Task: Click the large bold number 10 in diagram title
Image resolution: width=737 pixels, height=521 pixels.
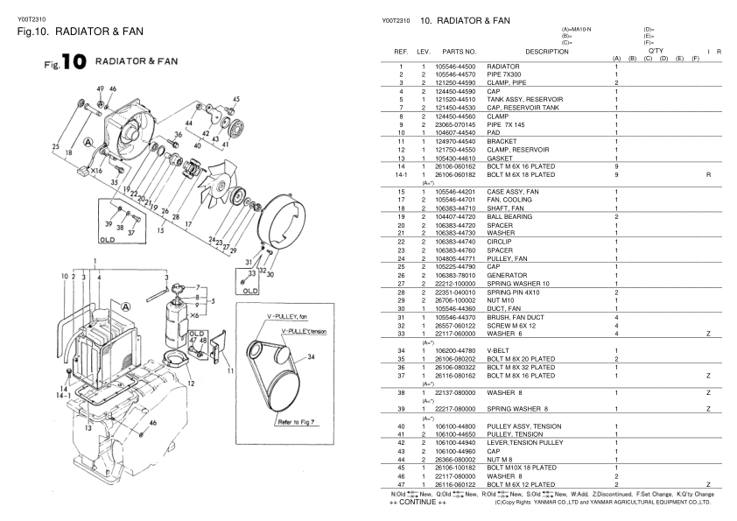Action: click(67, 65)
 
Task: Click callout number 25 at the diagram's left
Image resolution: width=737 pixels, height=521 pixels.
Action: click(55, 146)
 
